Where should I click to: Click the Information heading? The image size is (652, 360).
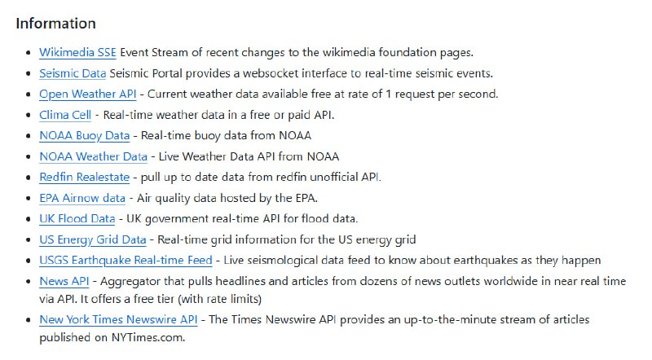pyautogui.click(x=55, y=23)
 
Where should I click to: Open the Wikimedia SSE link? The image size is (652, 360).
pyautogui.click(x=77, y=52)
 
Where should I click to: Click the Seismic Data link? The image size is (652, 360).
pyautogui.click(x=73, y=73)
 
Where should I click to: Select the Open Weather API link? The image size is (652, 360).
pyautogui.click(x=87, y=94)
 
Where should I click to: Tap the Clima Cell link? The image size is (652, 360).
pyautogui.click(x=65, y=115)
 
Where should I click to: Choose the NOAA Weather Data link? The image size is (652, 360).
pyautogui.click(x=93, y=156)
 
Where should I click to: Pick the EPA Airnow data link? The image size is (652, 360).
pyautogui.click(x=82, y=198)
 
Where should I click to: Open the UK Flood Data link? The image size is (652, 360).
pyautogui.click(x=77, y=218)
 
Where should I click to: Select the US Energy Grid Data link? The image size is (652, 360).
pyautogui.click(x=92, y=239)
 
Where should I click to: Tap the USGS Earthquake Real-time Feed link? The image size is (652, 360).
pyautogui.click(x=126, y=260)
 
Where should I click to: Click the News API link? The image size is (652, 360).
pyautogui.click(x=64, y=281)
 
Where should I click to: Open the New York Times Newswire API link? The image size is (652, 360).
pyautogui.click(x=118, y=319)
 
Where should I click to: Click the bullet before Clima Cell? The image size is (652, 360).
pyautogui.click(x=28, y=116)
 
